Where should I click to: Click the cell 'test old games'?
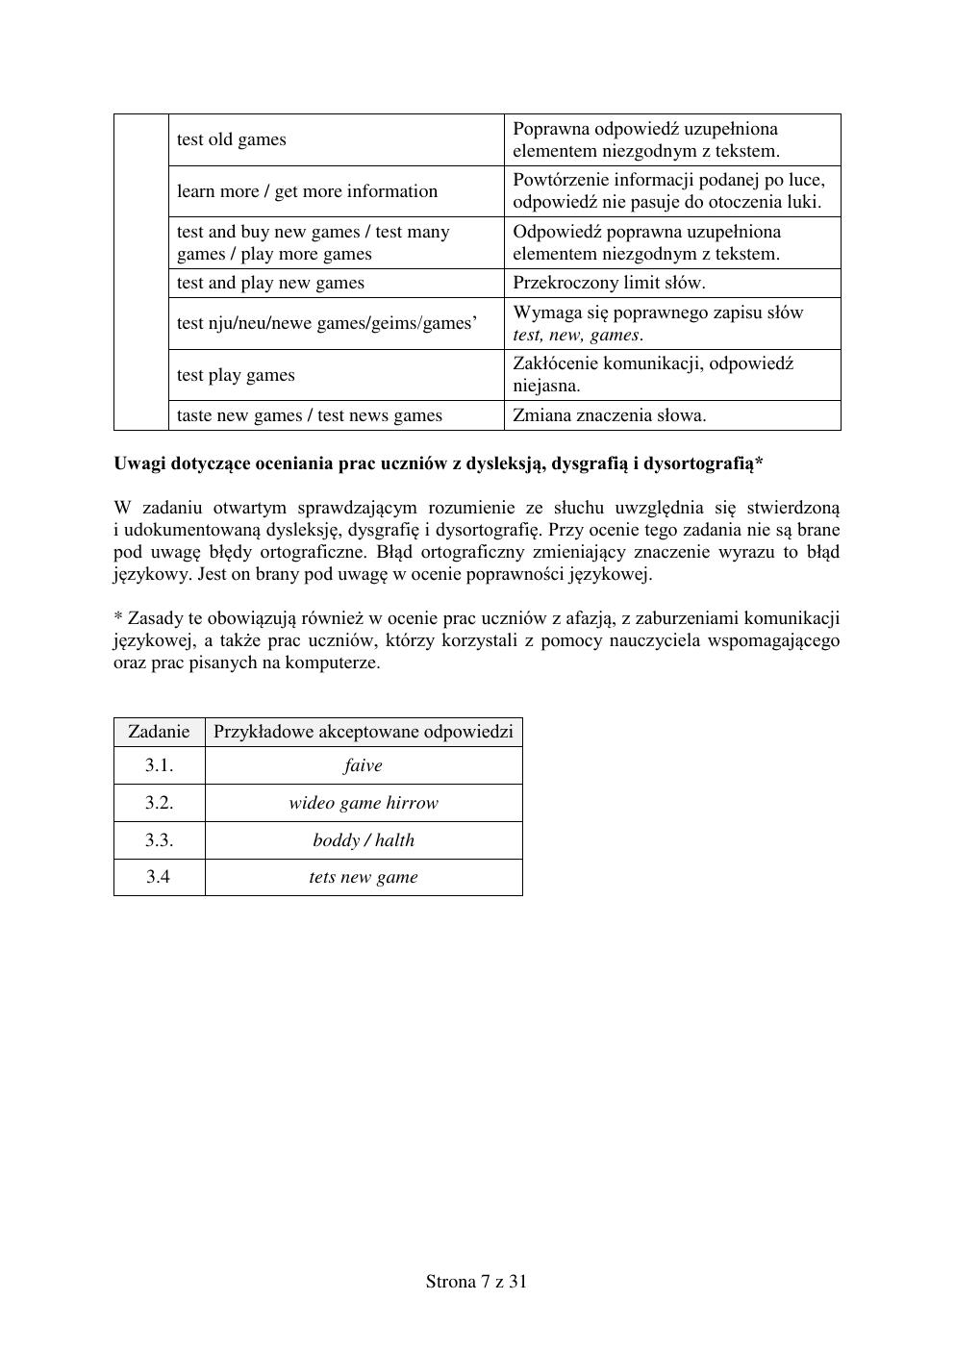[x=232, y=139]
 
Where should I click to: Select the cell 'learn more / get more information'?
[x=307, y=191]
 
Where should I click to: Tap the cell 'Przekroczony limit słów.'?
[x=609, y=283]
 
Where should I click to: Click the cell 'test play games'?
[x=236, y=375]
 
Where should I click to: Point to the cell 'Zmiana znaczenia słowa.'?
[x=609, y=415]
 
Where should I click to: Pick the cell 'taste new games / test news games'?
[x=310, y=415]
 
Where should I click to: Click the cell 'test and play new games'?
[x=270, y=283]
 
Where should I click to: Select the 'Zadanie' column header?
[x=159, y=732]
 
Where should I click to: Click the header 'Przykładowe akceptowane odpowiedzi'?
[x=364, y=732]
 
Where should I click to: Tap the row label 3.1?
[x=159, y=765]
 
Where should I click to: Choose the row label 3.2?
[x=159, y=803]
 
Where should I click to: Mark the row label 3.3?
[x=159, y=840]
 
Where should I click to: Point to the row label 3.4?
[x=159, y=877]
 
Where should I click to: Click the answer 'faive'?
[x=364, y=765]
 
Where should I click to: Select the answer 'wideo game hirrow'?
[x=364, y=803]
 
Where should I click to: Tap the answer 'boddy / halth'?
[x=364, y=840]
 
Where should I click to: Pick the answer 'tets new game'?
[x=364, y=877]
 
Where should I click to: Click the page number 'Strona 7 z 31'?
[x=477, y=1281]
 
